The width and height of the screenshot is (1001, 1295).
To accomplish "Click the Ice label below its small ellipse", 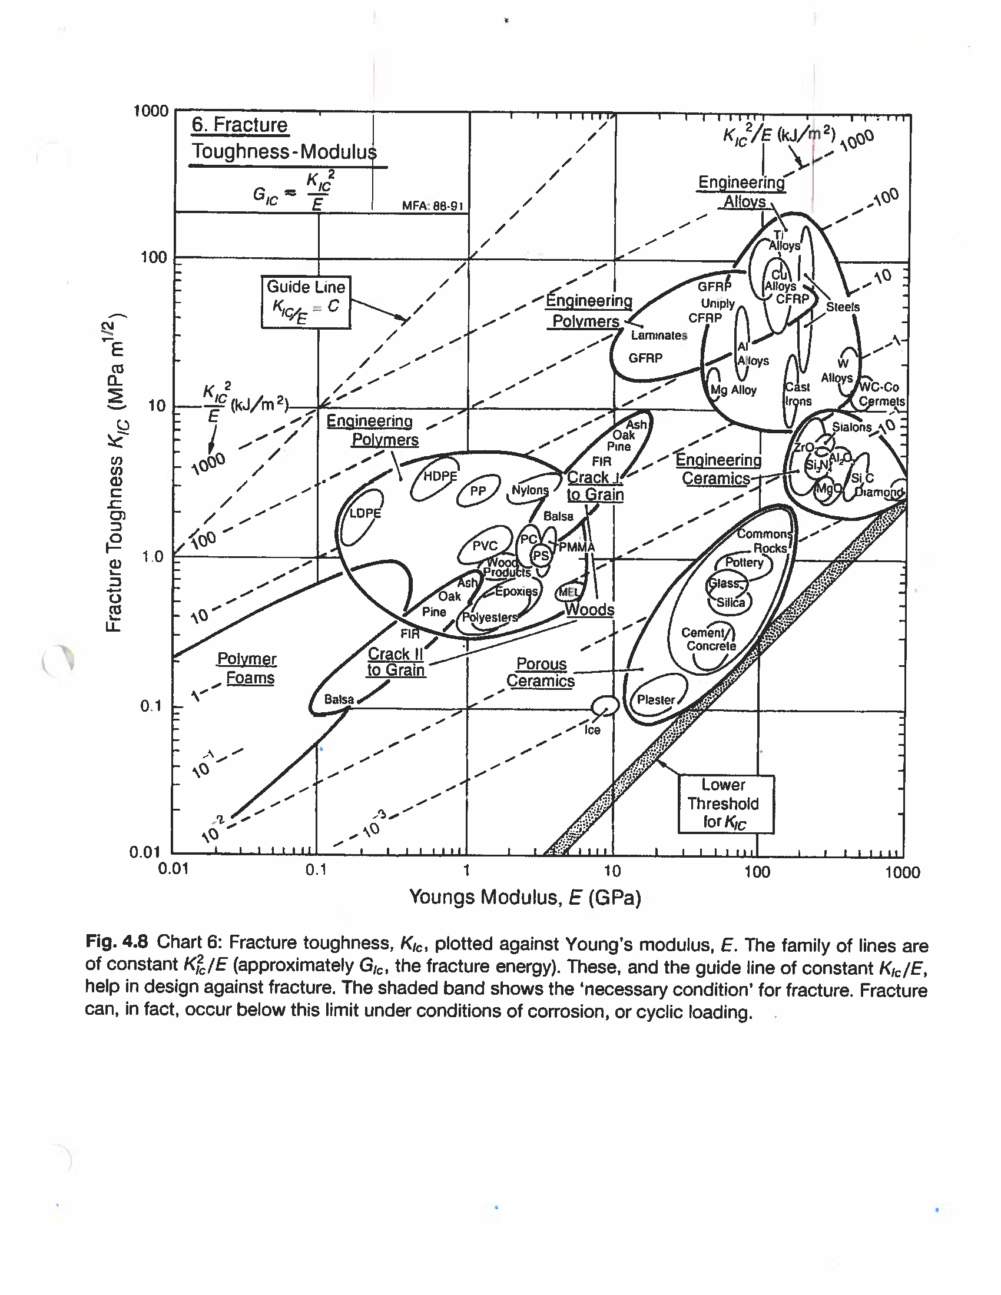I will pyautogui.click(x=592, y=730).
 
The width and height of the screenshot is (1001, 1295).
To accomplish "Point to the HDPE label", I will pyautogui.click(x=440, y=476).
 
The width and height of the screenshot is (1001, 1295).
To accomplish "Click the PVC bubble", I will pyautogui.click(x=485, y=546).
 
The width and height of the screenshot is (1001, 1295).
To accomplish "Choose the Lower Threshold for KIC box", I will pyautogui.click(x=725, y=803).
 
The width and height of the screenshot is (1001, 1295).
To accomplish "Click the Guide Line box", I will pyautogui.click(x=306, y=302).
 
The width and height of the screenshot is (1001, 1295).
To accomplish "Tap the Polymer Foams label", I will pyautogui.click(x=247, y=668).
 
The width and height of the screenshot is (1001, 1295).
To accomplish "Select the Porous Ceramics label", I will pyautogui.click(x=541, y=672).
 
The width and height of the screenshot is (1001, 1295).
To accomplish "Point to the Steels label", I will pyautogui.click(x=843, y=307).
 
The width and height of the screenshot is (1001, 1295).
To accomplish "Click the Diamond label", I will pyautogui.click(x=879, y=492).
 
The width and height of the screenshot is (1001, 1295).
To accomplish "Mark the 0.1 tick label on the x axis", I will pyautogui.click(x=316, y=871).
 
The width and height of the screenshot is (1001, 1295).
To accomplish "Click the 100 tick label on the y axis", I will pyautogui.click(x=154, y=257).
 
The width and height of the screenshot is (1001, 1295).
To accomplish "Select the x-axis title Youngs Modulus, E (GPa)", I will pyautogui.click(x=525, y=898).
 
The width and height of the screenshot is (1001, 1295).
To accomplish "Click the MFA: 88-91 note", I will pyautogui.click(x=432, y=206).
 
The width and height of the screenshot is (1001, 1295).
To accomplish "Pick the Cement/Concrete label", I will pyautogui.click(x=710, y=639).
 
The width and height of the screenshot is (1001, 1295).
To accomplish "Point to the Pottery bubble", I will pyautogui.click(x=745, y=562).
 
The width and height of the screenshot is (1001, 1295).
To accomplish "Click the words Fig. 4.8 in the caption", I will pyautogui.click(x=117, y=942).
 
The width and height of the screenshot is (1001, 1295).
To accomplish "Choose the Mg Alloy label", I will pyautogui.click(x=734, y=390).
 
